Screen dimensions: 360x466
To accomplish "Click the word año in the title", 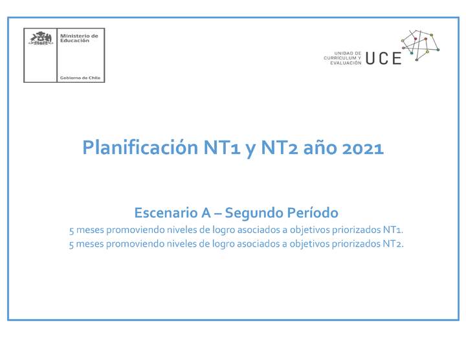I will pyautogui.click(x=317, y=148).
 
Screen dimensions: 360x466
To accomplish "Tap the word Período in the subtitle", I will pyautogui.click(x=313, y=212).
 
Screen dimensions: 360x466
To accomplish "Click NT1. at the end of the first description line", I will pyautogui.click(x=393, y=231).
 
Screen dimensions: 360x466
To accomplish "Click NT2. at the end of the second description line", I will pyautogui.click(x=393, y=244).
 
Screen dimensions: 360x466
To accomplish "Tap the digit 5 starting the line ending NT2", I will pyautogui.click(x=71, y=244).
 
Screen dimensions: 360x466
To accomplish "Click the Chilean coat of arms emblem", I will pyautogui.click(x=41, y=38).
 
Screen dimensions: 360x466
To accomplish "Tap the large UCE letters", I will pyautogui.click(x=383, y=58).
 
